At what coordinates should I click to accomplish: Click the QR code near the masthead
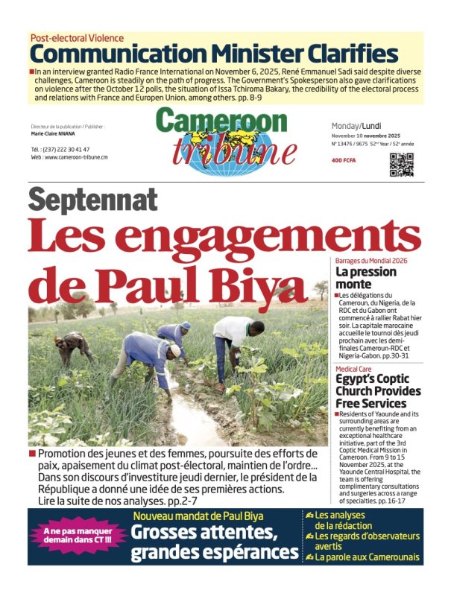tap(401, 164)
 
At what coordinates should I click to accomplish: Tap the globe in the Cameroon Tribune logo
tap(221, 152)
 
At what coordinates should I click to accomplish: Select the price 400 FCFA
tap(344, 159)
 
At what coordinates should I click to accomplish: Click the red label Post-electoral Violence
tap(77, 37)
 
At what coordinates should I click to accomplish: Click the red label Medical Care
tap(355, 369)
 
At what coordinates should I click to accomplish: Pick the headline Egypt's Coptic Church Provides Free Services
tap(377, 391)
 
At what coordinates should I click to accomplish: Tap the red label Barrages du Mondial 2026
tap(371, 261)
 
